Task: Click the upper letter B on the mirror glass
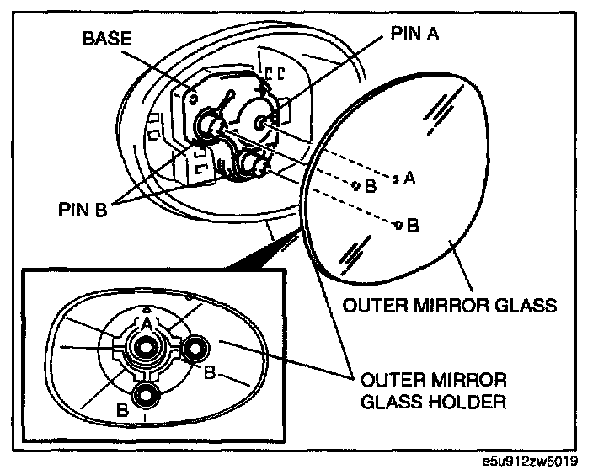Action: coord(371,186)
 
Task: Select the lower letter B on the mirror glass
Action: coord(413,225)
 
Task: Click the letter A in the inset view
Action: coord(146,323)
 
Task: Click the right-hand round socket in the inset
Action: coord(197,347)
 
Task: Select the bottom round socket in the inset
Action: coord(147,395)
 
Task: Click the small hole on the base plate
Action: coord(195,97)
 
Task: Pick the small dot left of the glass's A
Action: coord(394,178)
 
